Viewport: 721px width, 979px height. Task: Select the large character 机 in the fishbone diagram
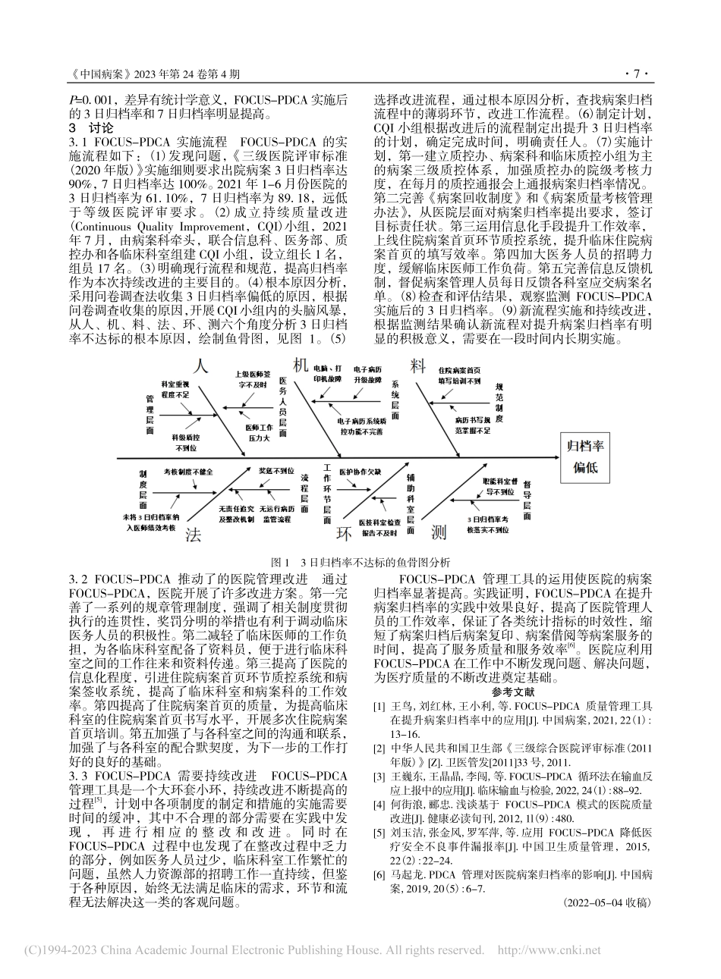point(301,366)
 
